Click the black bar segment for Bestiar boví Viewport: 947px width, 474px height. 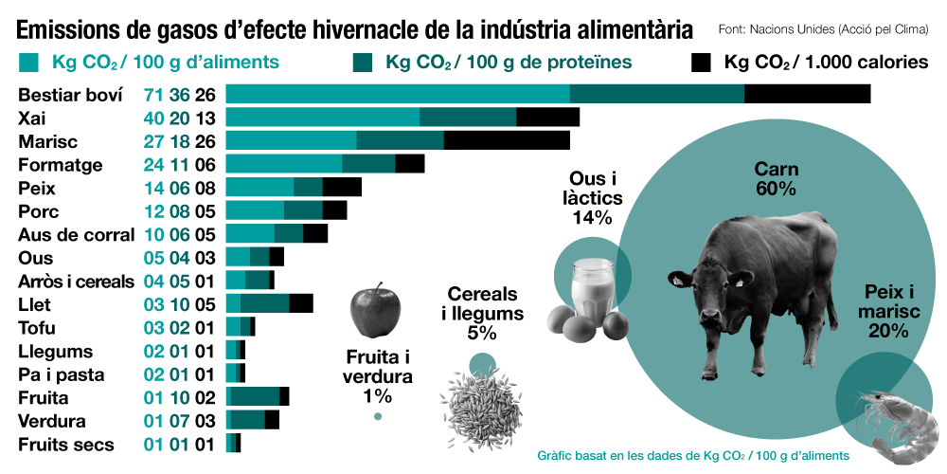(807, 94)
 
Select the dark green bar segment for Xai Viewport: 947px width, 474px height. (468, 118)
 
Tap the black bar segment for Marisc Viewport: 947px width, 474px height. (507, 140)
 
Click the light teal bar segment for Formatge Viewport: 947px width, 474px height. (283, 164)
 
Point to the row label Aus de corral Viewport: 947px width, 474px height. (77, 235)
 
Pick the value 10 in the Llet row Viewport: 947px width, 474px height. (179, 305)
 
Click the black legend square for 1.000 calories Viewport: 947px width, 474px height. (701, 64)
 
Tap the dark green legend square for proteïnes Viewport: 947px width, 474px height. (363, 64)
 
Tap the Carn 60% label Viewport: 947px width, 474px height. (776, 179)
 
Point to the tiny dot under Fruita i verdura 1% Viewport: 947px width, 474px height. (378, 416)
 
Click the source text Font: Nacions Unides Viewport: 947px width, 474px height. (826, 29)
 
